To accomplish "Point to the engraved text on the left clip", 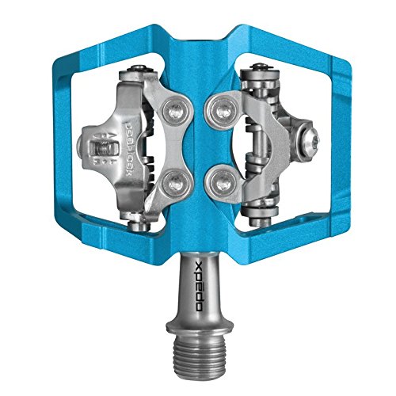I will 131,149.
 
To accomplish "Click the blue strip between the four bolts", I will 197,149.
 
